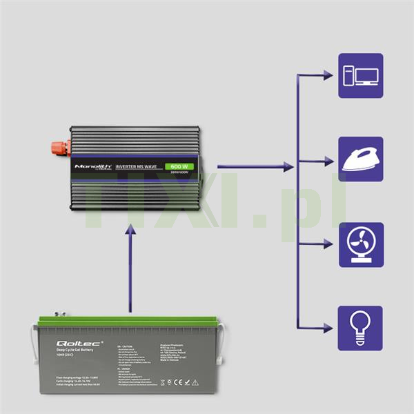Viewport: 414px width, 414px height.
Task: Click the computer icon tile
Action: (360, 75)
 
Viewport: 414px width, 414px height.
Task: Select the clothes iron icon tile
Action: (360, 159)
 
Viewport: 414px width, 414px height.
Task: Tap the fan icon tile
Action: (360, 244)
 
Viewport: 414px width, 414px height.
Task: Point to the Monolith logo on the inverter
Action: (90, 167)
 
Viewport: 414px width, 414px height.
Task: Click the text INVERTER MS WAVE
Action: (141, 167)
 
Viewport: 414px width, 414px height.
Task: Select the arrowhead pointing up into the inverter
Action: (128, 233)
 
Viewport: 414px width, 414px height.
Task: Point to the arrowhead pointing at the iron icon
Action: (328, 160)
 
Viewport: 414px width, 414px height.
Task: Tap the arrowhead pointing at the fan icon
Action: (328, 244)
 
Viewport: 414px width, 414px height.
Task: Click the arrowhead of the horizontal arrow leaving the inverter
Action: (288, 166)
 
